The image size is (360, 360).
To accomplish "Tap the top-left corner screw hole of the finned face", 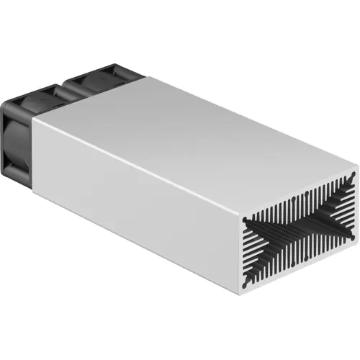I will click(x=246, y=214).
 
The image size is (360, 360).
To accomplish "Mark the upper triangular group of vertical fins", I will click(x=295, y=205).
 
